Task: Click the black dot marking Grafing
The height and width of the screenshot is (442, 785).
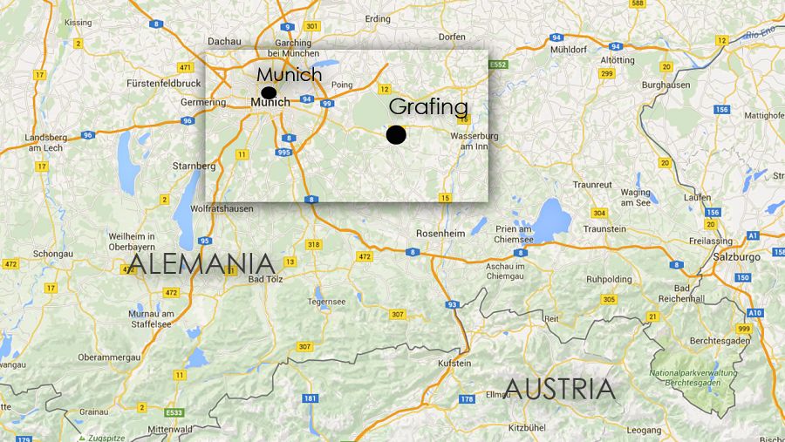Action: tap(396, 134)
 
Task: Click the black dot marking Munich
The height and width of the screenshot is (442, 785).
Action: tap(269, 92)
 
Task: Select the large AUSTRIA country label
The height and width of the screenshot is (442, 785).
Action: tap(560, 389)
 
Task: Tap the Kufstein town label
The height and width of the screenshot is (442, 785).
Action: tap(454, 363)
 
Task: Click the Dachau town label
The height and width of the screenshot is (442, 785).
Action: tap(224, 41)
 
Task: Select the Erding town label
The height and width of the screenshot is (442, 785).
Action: tap(378, 17)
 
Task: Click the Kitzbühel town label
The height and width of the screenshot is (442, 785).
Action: tap(527, 427)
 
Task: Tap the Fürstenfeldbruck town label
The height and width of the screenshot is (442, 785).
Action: tap(164, 84)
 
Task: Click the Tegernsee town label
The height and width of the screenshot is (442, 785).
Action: tap(326, 302)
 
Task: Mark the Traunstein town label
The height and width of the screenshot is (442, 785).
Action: tap(604, 228)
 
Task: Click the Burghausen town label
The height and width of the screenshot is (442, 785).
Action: tap(666, 85)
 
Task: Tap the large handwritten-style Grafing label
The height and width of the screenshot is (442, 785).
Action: tap(428, 107)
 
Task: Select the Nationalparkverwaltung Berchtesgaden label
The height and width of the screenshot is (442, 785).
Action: tap(693, 377)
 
